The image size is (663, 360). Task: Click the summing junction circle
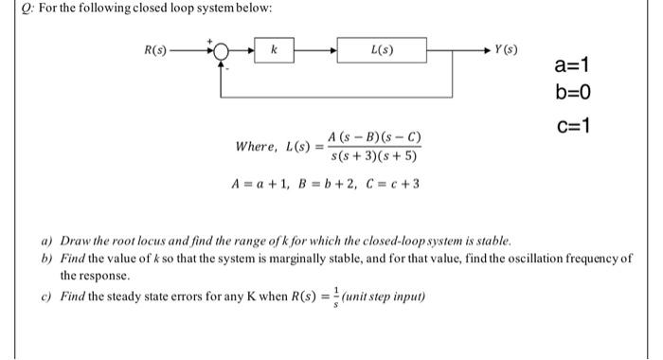tap(222, 48)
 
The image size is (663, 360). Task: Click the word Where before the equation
tap(255, 147)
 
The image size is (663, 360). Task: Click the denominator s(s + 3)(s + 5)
tap(369, 156)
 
